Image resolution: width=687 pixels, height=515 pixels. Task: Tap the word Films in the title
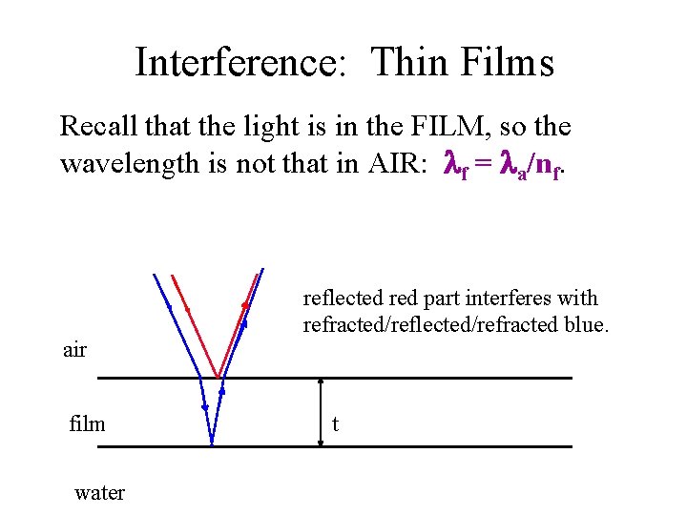[508, 63]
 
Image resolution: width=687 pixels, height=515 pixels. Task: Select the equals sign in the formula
[483, 165]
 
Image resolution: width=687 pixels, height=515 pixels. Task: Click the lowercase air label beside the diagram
[74, 350]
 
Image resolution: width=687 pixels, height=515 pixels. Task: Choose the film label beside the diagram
[87, 423]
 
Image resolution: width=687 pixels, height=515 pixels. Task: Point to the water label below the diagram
[99, 493]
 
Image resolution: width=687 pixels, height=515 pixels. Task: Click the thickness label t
[335, 423]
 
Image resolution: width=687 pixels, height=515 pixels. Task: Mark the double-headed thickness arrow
[321, 412]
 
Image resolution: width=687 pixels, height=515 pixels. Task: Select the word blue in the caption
[582, 324]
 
